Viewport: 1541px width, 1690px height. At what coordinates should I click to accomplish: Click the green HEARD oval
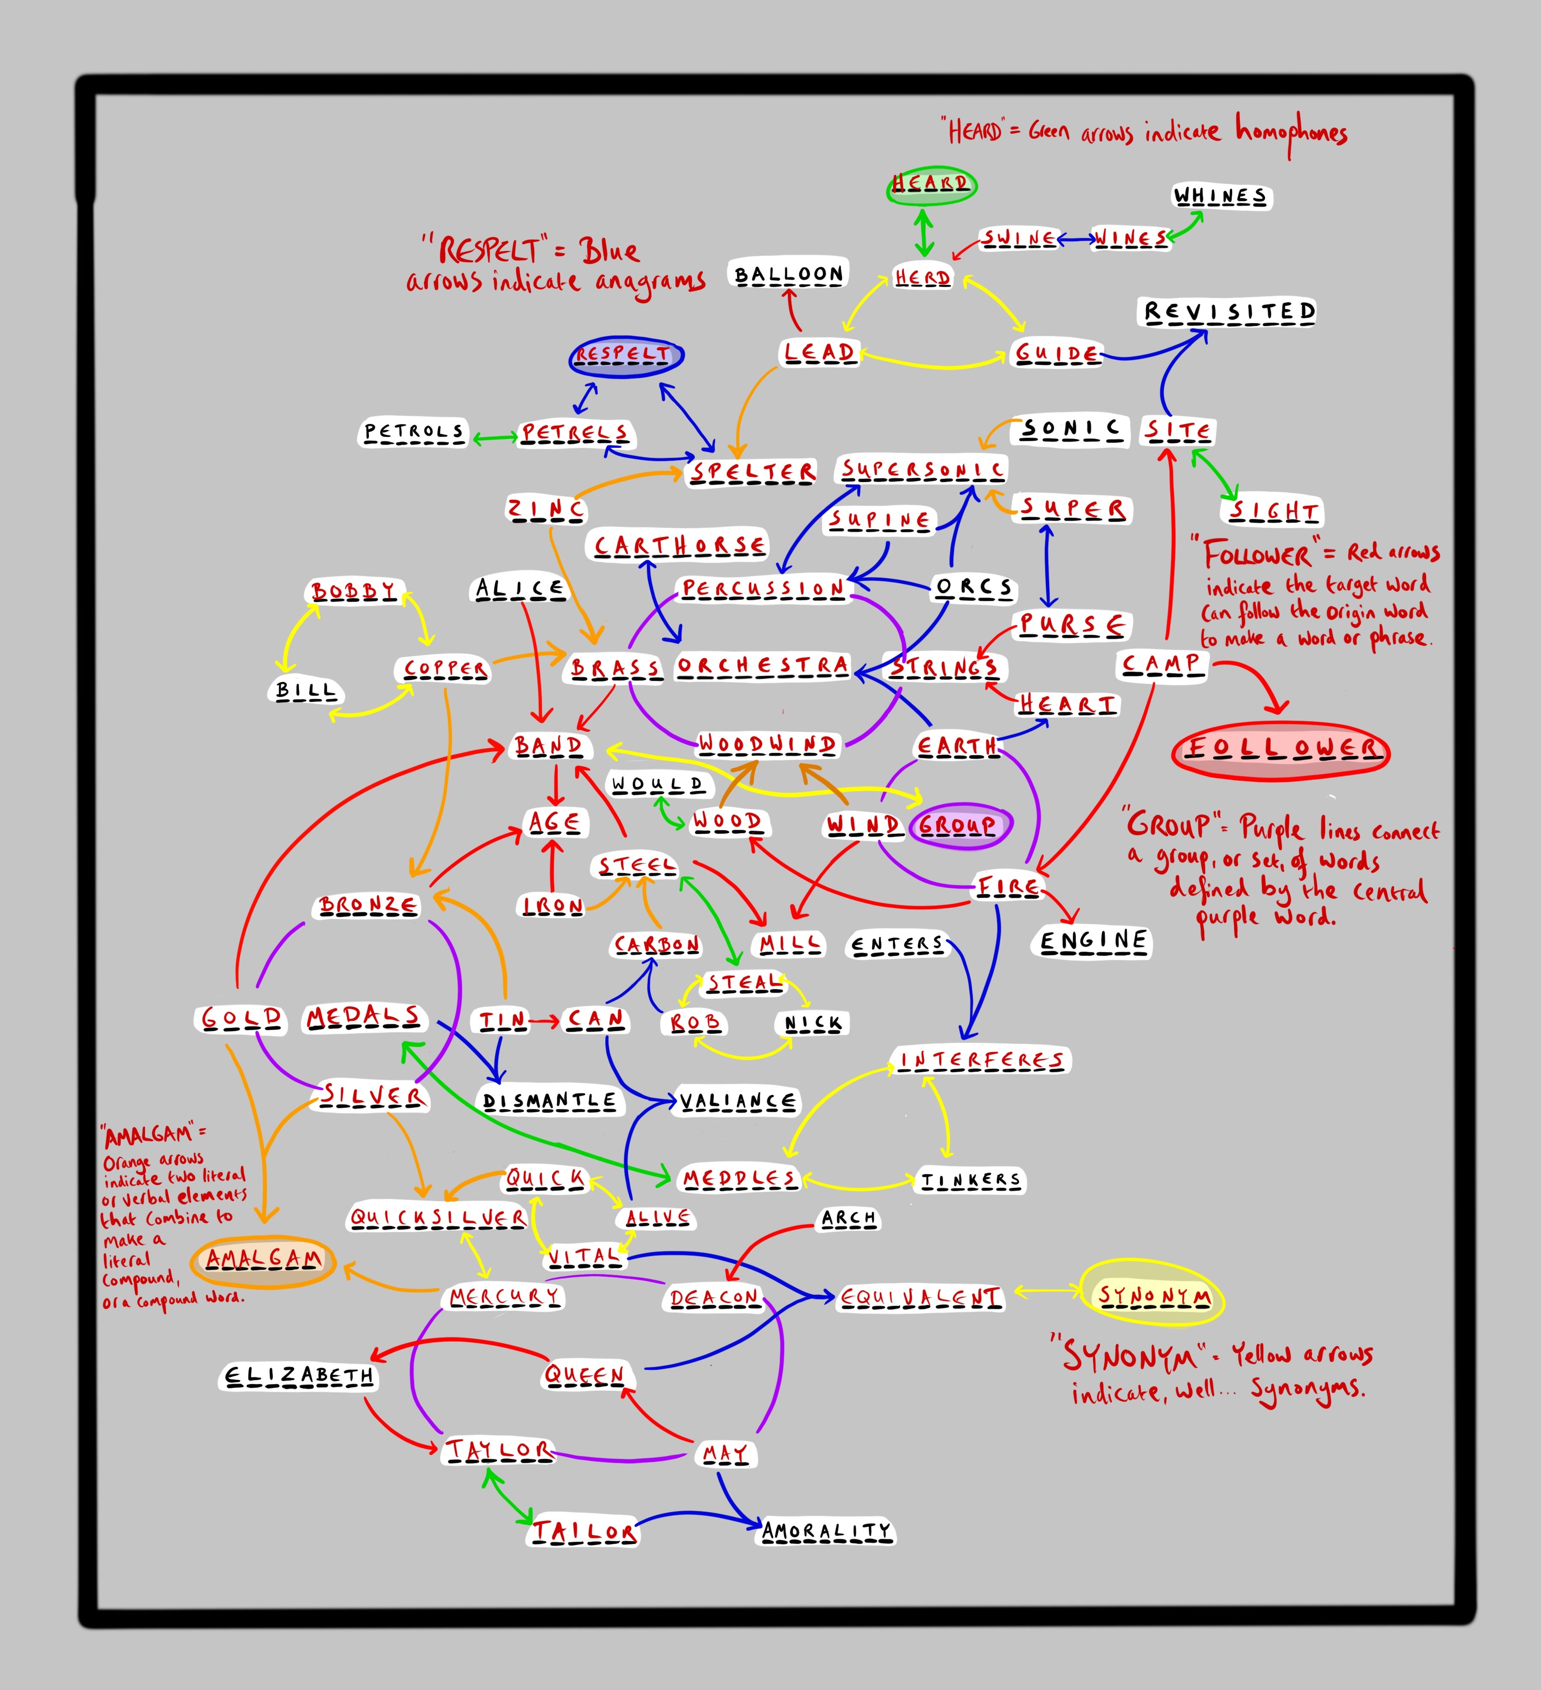931,184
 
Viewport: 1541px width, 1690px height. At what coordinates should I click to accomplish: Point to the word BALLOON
788,275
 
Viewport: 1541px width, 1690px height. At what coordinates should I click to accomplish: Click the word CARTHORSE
679,547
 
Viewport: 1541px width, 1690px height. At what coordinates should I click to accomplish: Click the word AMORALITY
826,1532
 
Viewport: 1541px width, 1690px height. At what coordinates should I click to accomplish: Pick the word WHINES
1220,197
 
